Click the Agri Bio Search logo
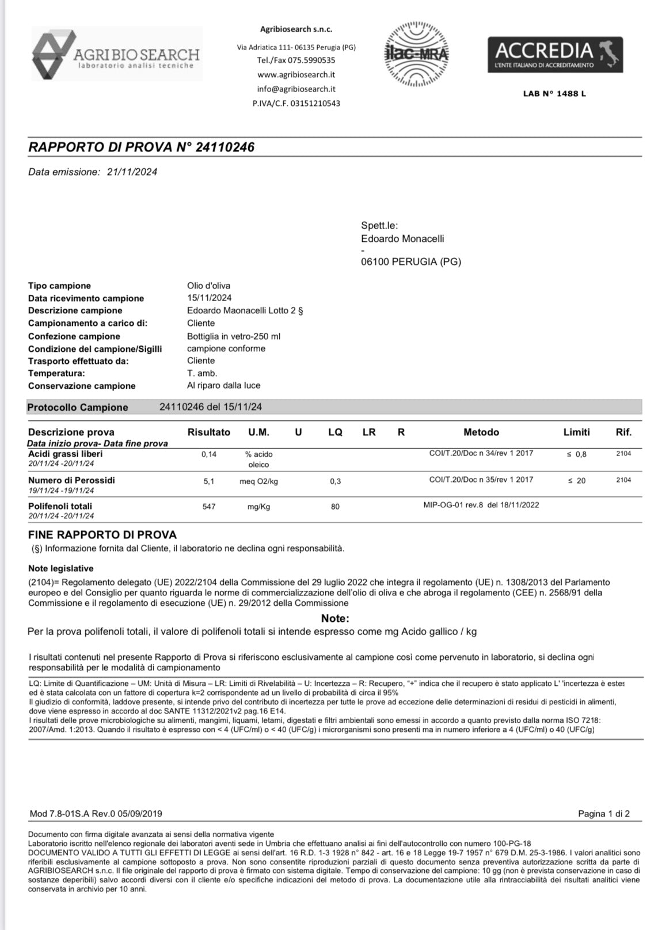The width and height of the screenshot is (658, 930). point(116,54)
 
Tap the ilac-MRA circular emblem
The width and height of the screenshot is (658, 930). point(417,55)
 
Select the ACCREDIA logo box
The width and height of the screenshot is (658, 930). point(555,55)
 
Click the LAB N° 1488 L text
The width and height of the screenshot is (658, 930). point(554,93)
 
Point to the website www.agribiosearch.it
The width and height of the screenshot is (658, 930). point(296,74)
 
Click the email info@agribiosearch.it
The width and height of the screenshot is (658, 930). point(296,89)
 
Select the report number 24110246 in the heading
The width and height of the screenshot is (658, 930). point(225,147)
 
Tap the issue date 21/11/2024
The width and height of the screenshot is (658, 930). point(132,172)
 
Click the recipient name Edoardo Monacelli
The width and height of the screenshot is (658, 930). point(402,238)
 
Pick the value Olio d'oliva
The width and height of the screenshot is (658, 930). point(208,286)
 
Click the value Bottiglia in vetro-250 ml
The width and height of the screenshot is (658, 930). point(234,336)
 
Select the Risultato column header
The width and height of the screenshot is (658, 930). point(209,432)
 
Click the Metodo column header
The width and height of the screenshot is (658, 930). point(481,432)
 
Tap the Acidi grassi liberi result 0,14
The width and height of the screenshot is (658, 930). point(209,454)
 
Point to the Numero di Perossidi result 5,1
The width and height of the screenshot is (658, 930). point(209,481)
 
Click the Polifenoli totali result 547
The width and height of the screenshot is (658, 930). point(209,507)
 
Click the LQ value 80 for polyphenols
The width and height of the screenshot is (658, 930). point(335,507)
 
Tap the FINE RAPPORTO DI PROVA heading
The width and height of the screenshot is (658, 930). point(102,534)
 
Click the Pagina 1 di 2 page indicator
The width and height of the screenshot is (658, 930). point(603,814)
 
